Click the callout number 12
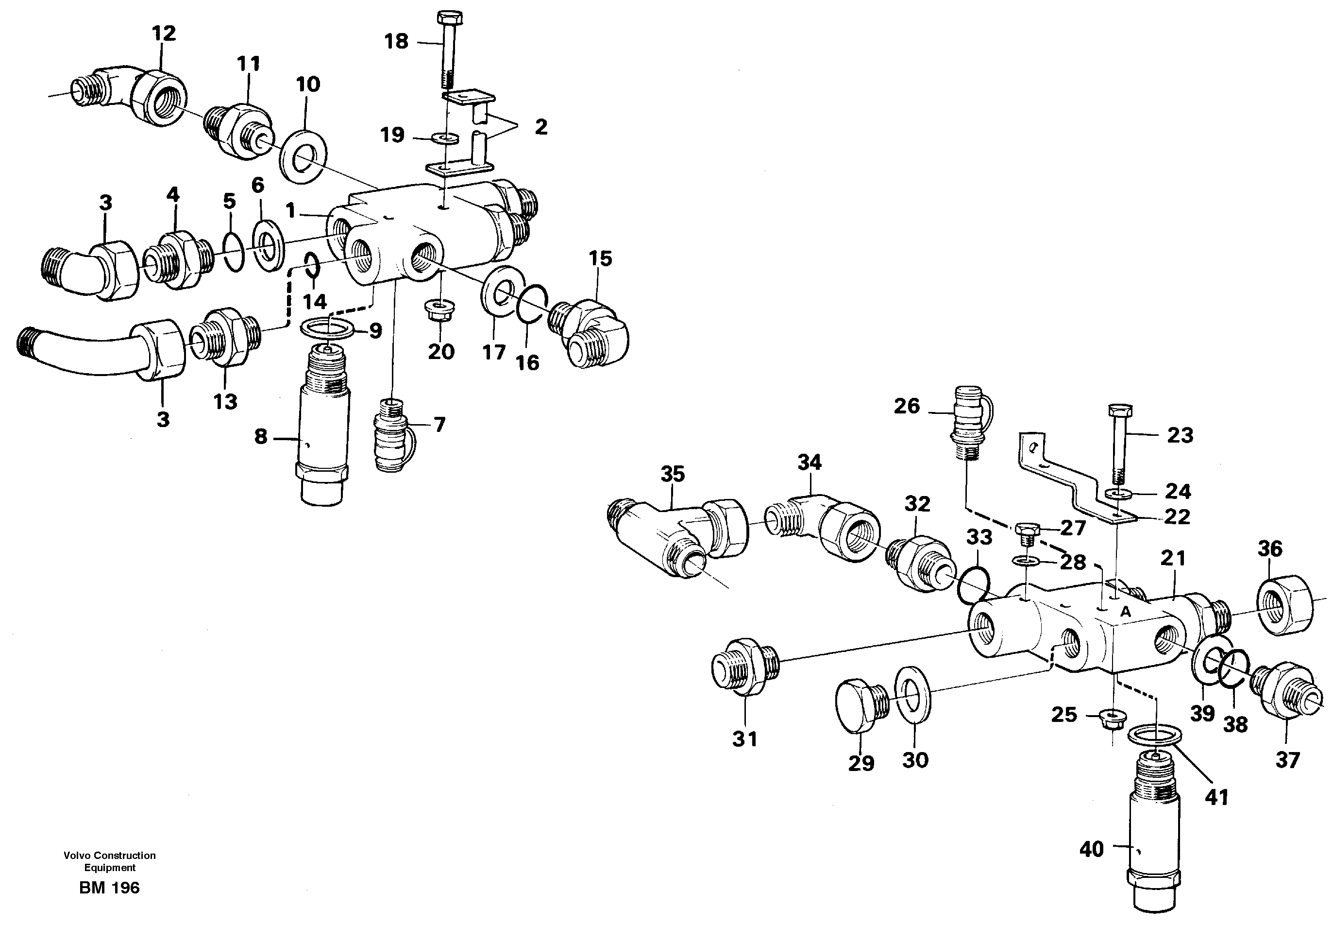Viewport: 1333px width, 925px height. (164, 33)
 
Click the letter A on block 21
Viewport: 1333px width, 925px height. (1126, 612)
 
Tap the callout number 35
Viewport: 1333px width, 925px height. (673, 474)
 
